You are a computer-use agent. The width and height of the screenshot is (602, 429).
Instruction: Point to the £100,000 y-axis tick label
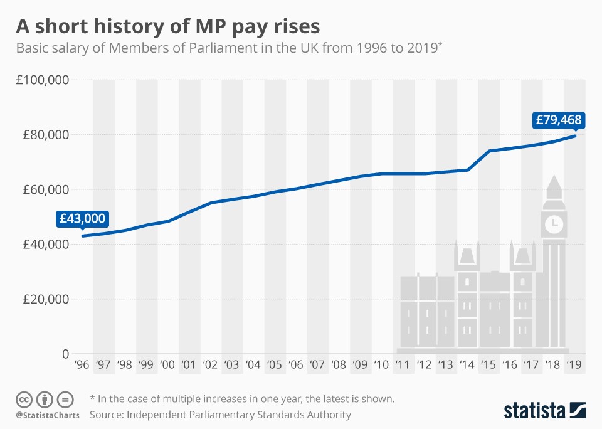pyautogui.click(x=43, y=80)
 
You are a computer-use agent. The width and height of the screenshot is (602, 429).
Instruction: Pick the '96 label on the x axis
pyautogui.click(x=82, y=364)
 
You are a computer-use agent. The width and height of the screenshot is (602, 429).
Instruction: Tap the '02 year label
pyautogui.click(x=210, y=364)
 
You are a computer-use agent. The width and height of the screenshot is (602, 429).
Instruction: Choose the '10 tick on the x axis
pyautogui.click(x=381, y=364)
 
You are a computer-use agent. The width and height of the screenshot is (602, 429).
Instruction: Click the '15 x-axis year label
pyautogui.click(x=488, y=364)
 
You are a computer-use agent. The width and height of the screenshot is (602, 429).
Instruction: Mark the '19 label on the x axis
pyautogui.click(x=573, y=364)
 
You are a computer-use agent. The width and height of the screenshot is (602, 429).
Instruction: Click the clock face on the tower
pyautogui.click(x=554, y=223)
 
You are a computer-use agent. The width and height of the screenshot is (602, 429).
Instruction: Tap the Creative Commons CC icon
pyautogui.click(x=24, y=399)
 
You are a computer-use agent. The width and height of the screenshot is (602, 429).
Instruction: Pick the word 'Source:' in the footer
pyautogui.click(x=107, y=415)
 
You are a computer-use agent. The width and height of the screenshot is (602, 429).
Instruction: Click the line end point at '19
pyautogui.click(x=574, y=135)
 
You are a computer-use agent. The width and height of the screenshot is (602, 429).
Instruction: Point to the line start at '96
pyautogui.click(x=83, y=236)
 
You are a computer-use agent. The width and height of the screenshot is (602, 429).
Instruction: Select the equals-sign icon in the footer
pyautogui.click(x=65, y=399)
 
